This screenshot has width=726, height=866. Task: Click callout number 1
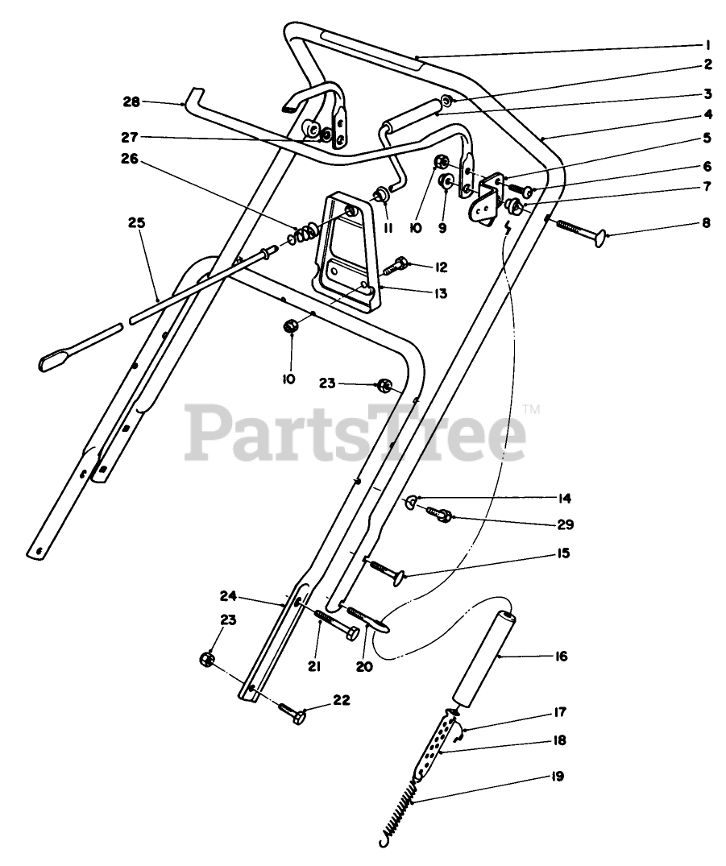pyautogui.click(x=707, y=45)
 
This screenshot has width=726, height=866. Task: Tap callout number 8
pyautogui.click(x=707, y=223)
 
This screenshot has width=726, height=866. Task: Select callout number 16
pyautogui.click(x=561, y=657)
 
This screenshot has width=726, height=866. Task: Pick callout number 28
pyautogui.click(x=131, y=102)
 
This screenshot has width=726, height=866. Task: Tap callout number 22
pyautogui.click(x=342, y=700)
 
